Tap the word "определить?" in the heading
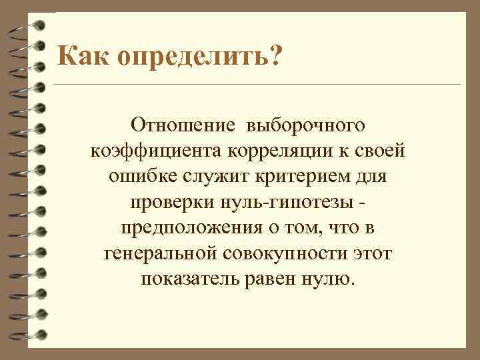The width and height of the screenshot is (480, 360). point(199,57)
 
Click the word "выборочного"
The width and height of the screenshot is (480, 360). point(305,125)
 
